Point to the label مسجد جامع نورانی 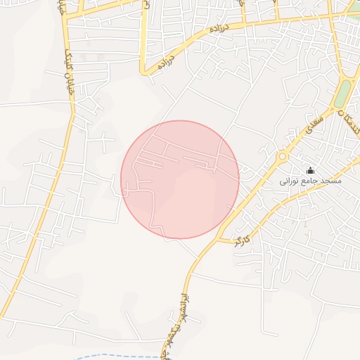(x=310, y=181)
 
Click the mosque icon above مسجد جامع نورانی (x=310, y=170)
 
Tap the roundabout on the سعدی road (x=283, y=156)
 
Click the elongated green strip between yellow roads (x=342, y=95)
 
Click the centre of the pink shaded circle (x=180, y=180)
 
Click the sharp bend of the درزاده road (x=143, y=71)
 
